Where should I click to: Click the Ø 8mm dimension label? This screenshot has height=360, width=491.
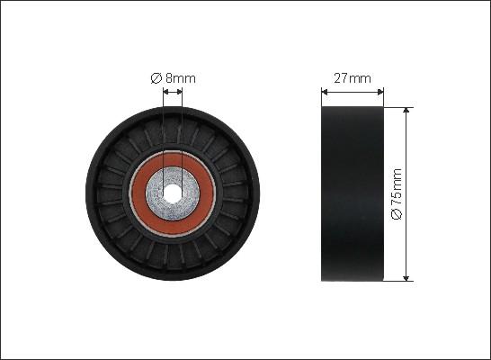tap(174, 78)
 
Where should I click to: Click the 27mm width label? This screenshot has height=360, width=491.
tap(353, 78)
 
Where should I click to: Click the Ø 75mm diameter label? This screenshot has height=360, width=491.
tap(397, 194)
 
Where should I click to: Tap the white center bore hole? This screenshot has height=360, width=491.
tap(173, 193)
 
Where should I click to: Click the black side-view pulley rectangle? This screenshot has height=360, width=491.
tap(353, 193)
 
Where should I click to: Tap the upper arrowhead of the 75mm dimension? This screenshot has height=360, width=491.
tap(406, 110)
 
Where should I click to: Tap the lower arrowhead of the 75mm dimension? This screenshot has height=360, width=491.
tap(406, 278)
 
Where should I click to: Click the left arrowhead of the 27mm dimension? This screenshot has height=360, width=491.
tap(325, 92)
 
